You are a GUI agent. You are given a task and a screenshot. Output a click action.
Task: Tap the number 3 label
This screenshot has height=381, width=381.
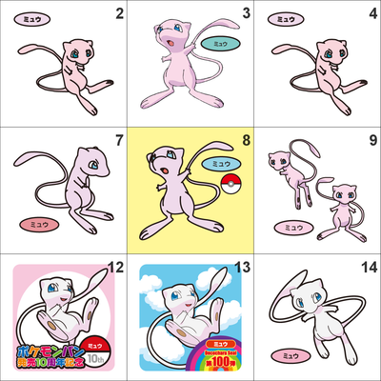coord(246,12)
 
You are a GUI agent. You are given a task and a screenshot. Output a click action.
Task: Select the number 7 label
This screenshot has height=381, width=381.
coord(119,141)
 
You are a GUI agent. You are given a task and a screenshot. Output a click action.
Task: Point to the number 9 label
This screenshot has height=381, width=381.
coord(372,141)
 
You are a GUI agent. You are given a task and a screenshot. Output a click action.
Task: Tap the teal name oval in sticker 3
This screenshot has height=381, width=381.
coord(221,44)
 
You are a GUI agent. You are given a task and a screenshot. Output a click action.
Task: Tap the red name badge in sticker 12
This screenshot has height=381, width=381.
coord(94,338)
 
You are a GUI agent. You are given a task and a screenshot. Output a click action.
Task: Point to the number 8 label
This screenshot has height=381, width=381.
coord(246,141)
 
